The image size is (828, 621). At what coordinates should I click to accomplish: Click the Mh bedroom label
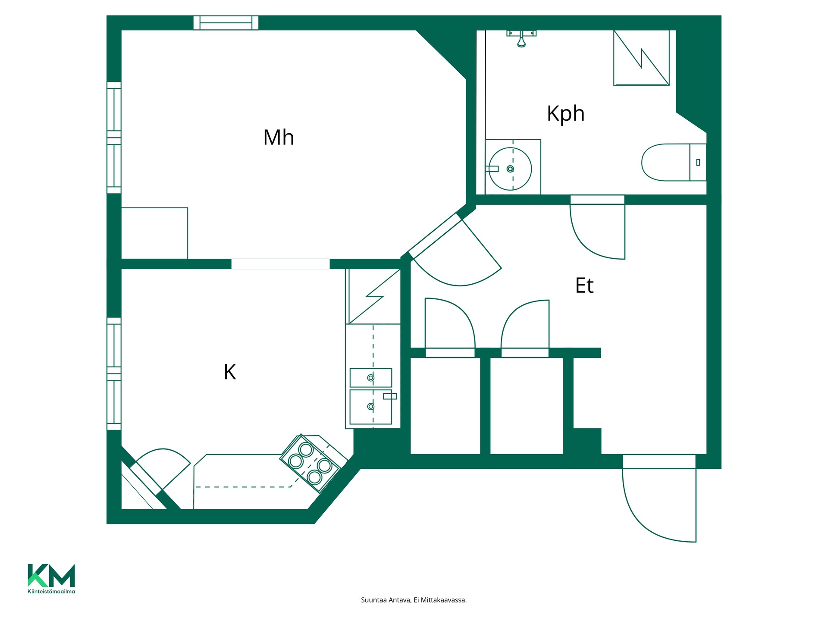tap(279, 138)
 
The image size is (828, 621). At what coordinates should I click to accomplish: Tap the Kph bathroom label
tap(566, 114)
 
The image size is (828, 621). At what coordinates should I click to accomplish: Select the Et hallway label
tap(584, 285)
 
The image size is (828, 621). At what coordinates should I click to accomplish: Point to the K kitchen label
tap(230, 372)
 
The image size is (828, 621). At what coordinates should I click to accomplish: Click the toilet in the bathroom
tap(674, 162)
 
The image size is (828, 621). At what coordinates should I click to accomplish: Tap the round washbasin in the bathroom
tap(510, 169)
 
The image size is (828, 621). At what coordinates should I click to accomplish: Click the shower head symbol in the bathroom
tap(521, 38)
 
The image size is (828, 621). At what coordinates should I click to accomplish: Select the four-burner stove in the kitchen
tap(310, 464)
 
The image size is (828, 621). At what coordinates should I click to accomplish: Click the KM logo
tap(51, 575)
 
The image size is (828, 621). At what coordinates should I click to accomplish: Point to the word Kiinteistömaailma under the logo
tap(51, 591)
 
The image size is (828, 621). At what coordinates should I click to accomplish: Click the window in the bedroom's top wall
tap(226, 22)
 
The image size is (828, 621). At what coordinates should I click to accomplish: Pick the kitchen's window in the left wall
tap(114, 373)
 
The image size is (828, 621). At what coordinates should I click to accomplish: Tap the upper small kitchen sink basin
tap(371, 378)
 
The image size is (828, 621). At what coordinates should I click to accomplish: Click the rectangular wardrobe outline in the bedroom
tap(154, 233)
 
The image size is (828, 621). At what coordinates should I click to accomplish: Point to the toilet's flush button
tap(698, 163)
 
